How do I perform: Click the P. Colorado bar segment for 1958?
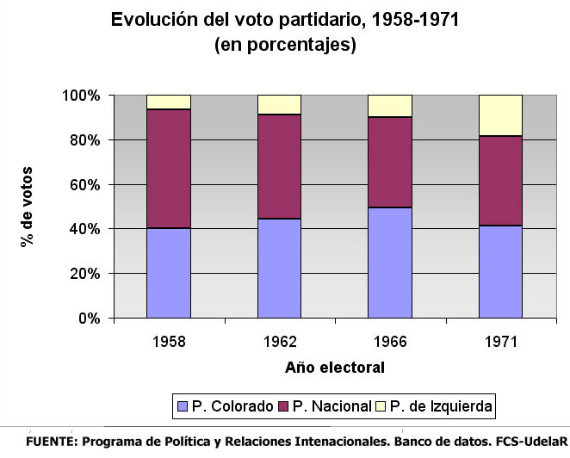(169, 273)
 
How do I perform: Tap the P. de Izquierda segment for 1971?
(501, 115)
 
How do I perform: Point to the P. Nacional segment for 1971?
(501, 181)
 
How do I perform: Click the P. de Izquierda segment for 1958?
(169, 102)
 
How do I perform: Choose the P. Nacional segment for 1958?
(169, 169)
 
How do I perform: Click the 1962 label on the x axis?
(280, 341)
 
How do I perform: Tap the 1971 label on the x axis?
(501, 341)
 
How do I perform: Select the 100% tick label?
(81, 95)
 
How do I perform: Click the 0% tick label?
(88, 319)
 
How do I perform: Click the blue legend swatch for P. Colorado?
(183, 405)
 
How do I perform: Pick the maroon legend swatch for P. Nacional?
(284, 405)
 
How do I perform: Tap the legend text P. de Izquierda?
(442, 405)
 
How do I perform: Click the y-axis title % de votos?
(28, 207)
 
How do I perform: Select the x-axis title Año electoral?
(335, 368)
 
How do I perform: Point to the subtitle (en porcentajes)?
(285, 45)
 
